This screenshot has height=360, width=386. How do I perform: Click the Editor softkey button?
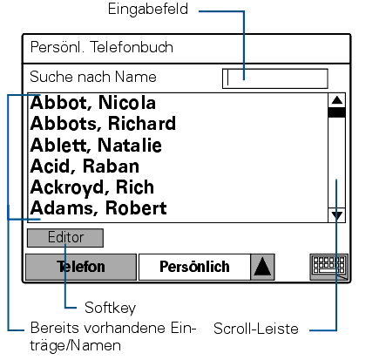pyautogui.click(x=65, y=238)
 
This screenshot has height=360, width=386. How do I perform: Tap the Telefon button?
pyautogui.click(x=81, y=267)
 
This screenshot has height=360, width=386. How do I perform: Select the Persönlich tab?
pyautogui.click(x=194, y=267)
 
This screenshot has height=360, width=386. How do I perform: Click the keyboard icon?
pyautogui.click(x=329, y=267)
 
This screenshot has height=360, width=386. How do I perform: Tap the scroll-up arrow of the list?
pyautogui.click(x=337, y=100)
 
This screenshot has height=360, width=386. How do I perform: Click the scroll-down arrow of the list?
pyautogui.click(x=337, y=215)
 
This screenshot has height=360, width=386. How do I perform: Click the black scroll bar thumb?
pyautogui.click(x=337, y=112)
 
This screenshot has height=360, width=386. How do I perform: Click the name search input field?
pyautogui.click(x=275, y=78)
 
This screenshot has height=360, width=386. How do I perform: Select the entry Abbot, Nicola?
pyautogui.click(x=93, y=103)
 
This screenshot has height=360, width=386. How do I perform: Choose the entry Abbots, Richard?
pyautogui.click(x=103, y=124)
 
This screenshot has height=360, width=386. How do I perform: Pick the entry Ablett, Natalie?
pyautogui.click(x=96, y=145)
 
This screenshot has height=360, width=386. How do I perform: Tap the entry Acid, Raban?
pyautogui.click(x=85, y=166)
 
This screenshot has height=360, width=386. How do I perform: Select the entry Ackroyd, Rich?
pyautogui.click(x=92, y=187)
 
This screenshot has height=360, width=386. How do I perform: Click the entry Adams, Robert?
pyautogui.click(x=98, y=208)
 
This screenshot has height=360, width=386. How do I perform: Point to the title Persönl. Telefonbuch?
pyautogui.click(x=102, y=47)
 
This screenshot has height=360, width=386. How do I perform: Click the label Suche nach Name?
pyautogui.click(x=93, y=77)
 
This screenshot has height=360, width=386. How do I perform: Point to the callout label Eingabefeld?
pyautogui.click(x=148, y=10)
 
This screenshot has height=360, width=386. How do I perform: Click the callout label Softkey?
pyautogui.click(x=111, y=308)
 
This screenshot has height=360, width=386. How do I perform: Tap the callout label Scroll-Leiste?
pyautogui.click(x=256, y=329)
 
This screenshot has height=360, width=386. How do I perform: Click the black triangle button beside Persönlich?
pyautogui.click(x=262, y=267)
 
